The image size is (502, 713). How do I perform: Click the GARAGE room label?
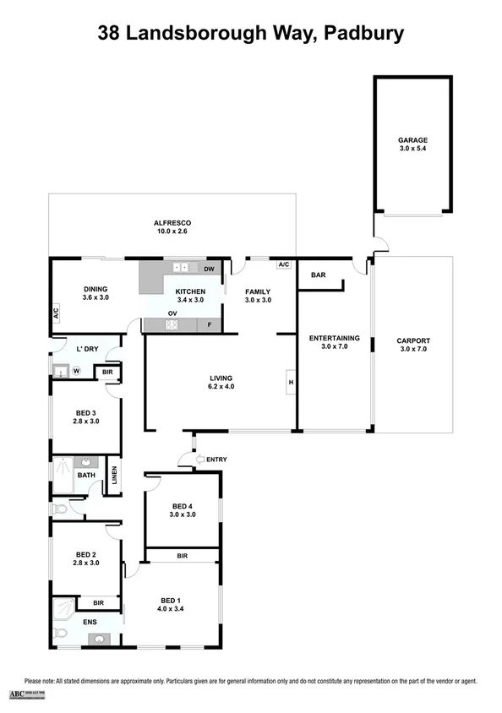(413, 140)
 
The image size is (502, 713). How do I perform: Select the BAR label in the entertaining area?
(319, 275)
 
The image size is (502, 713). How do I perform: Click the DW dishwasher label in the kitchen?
(210, 269)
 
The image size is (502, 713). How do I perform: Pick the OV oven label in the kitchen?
(172, 313)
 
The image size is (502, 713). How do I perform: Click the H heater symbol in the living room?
(290, 383)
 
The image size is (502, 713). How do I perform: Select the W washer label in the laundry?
(75, 370)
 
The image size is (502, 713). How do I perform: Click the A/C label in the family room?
(283, 264)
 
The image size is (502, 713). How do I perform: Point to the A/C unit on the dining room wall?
(55, 313)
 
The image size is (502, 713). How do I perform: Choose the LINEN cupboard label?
(113, 478)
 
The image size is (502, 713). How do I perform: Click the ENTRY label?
(216, 460)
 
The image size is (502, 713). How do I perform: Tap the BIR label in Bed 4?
(182, 556)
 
